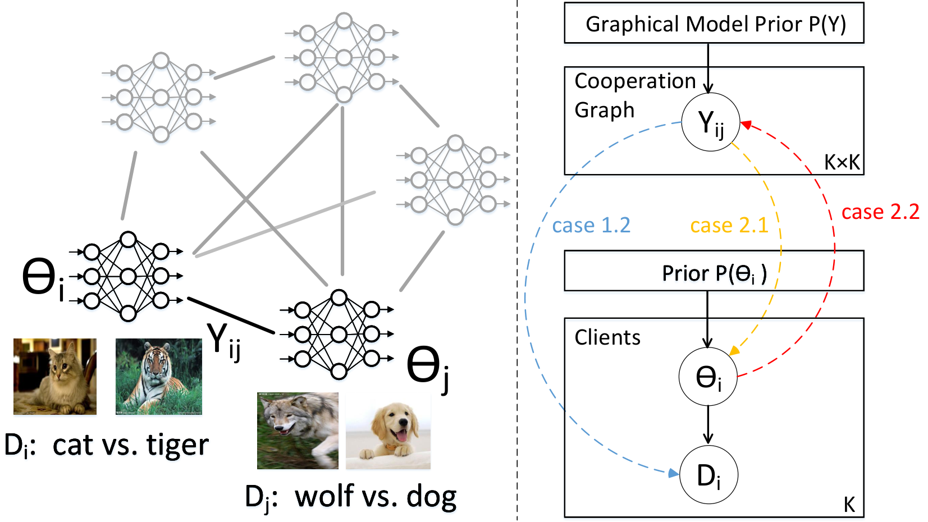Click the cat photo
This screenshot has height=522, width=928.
55,377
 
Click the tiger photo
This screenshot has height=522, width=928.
159,377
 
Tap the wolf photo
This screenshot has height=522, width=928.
298,431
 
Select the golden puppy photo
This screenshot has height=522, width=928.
388,431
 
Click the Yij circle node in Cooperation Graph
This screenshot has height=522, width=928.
711,122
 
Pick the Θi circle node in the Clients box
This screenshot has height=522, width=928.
708,376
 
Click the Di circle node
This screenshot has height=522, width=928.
709,474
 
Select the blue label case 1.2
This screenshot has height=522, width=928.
591,226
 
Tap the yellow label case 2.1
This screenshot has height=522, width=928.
729,226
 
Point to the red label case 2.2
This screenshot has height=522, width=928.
880,212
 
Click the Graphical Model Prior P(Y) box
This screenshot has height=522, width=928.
714,23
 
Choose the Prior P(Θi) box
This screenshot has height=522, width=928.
714,271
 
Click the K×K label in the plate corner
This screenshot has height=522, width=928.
842,162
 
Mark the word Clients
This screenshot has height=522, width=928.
607,337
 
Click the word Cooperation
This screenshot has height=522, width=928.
635,80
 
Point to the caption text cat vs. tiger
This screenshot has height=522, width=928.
131,445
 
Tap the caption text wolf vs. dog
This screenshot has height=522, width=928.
376,496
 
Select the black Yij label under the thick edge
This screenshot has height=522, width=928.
223,342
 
